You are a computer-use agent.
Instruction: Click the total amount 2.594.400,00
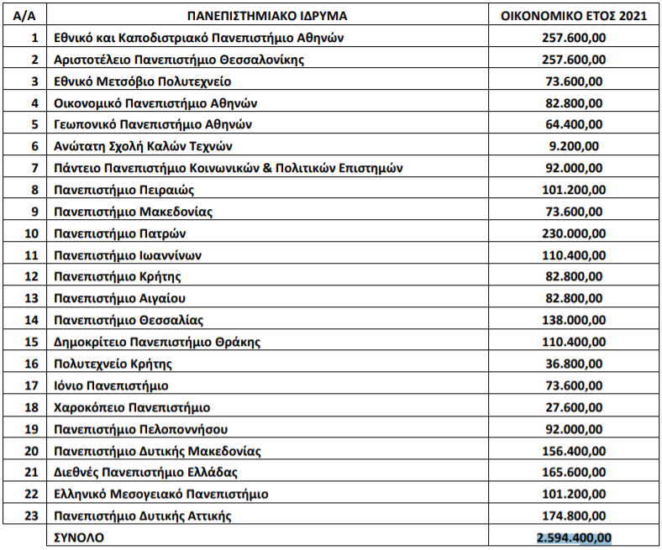pos(575,537)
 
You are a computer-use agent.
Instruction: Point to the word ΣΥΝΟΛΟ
pos(79,537)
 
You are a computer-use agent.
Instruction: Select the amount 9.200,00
pos(575,146)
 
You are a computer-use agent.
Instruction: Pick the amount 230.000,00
pos(575,233)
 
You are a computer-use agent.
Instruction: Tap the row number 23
pos(33,515)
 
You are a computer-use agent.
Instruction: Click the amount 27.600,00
pos(575,406)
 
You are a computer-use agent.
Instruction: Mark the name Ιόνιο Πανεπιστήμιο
pos(110,385)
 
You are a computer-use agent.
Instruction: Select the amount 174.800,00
pos(575,515)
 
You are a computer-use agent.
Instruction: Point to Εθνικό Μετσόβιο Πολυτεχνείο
pos(142,81)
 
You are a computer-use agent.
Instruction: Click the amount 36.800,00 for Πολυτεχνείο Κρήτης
pos(575,364)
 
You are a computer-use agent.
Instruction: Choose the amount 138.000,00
pos(575,320)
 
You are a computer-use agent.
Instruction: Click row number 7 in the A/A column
pos(34,168)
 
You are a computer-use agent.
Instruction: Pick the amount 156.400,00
pos(575,450)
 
